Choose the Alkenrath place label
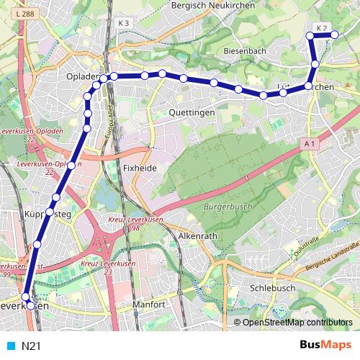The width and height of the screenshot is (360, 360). coord(199,235)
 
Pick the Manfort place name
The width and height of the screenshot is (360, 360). coord(150,305)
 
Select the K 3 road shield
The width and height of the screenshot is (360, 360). coord(123,23)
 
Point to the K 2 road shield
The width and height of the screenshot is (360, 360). coord(321,29)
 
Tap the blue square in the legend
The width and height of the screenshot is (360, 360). coord(11,346)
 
